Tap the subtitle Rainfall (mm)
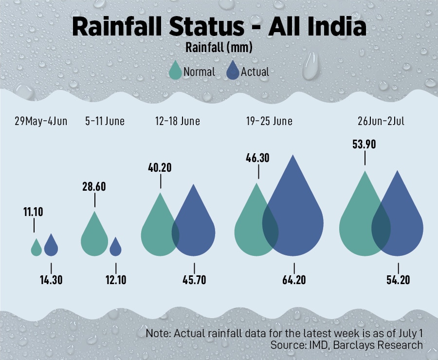click(219, 48)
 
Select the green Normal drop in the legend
click(175, 71)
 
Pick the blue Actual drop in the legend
click(233, 71)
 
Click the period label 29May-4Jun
click(40, 121)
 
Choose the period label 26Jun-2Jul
click(380, 121)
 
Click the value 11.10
click(34, 212)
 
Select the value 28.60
click(94, 187)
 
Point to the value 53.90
click(365, 144)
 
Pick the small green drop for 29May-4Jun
click(36, 249)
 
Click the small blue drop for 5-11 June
click(115, 248)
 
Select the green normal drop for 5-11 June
click(94, 238)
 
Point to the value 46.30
click(258, 158)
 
